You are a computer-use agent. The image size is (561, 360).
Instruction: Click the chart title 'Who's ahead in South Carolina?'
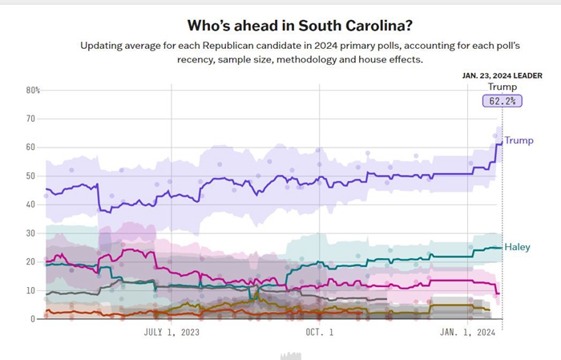(280, 26)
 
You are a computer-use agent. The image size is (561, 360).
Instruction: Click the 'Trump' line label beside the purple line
(519, 141)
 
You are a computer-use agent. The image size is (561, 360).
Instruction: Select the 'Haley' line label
(517, 247)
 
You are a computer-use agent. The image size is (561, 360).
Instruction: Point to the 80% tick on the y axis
(33, 90)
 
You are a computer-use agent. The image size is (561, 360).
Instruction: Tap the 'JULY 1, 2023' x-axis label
(172, 331)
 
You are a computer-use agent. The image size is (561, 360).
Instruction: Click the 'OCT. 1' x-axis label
(319, 331)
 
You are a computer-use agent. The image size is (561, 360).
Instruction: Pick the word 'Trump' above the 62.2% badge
(502, 87)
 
